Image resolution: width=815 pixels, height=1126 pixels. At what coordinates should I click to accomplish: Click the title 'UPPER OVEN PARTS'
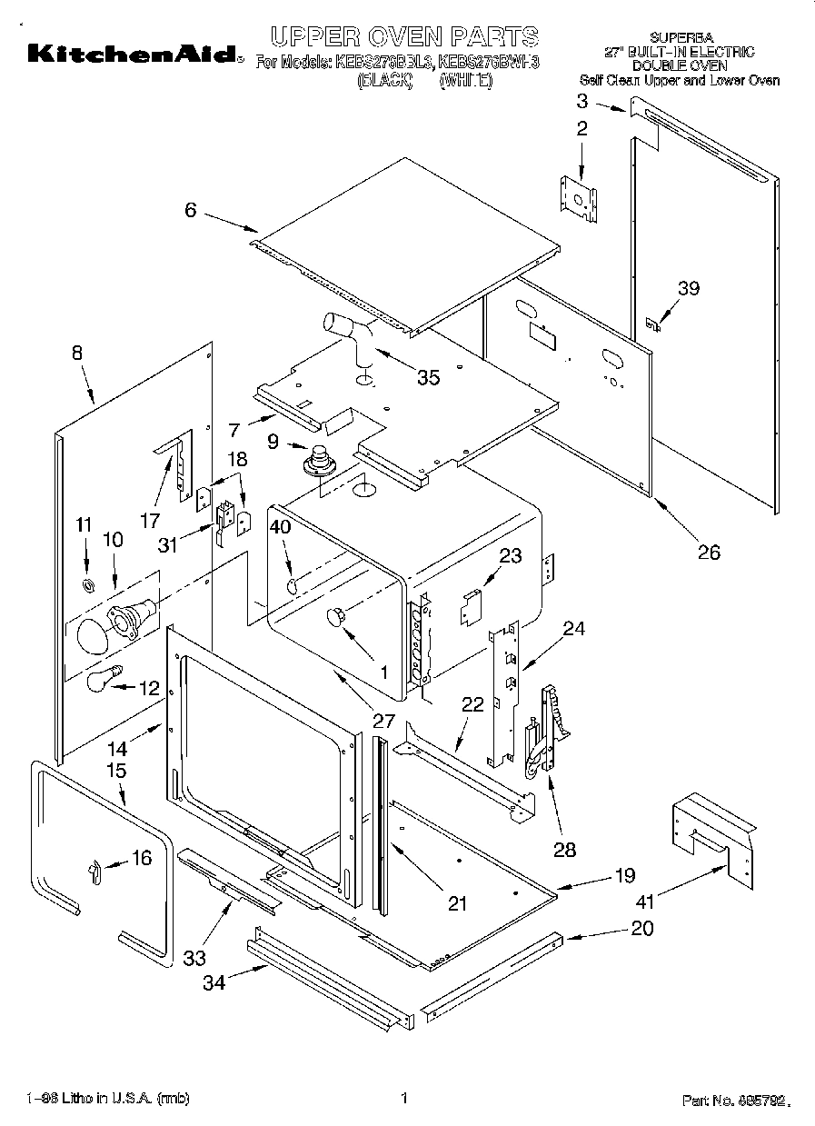tap(405, 36)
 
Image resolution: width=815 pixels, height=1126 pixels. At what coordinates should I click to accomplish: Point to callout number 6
tap(190, 210)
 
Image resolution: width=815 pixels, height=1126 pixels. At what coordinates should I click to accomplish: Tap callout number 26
tap(708, 552)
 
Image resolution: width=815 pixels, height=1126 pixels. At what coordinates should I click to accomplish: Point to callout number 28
tap(564, 850)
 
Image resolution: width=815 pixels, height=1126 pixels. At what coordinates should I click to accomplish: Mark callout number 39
tap(689, 289)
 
